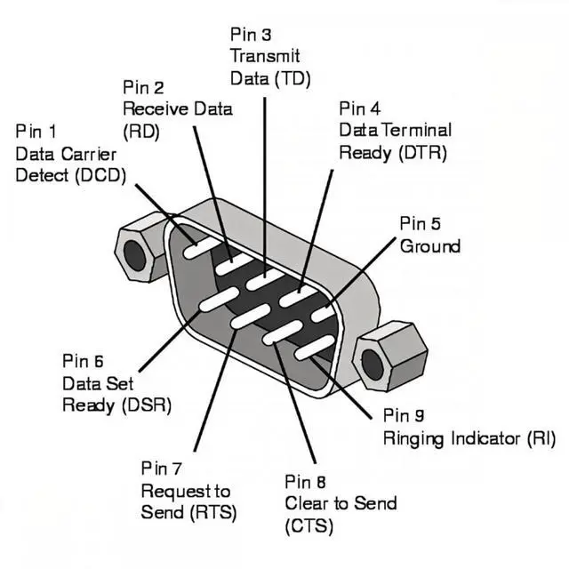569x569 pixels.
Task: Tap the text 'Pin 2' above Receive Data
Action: (x=142, y=87)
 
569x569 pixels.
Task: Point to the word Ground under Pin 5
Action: (x=430, y=246)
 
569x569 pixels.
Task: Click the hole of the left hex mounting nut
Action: (x=134, y=255)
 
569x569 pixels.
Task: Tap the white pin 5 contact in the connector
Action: (x=324, y=311)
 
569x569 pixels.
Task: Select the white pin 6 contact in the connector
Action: (x=218, y=300)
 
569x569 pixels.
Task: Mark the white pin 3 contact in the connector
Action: (x=265, y=281)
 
